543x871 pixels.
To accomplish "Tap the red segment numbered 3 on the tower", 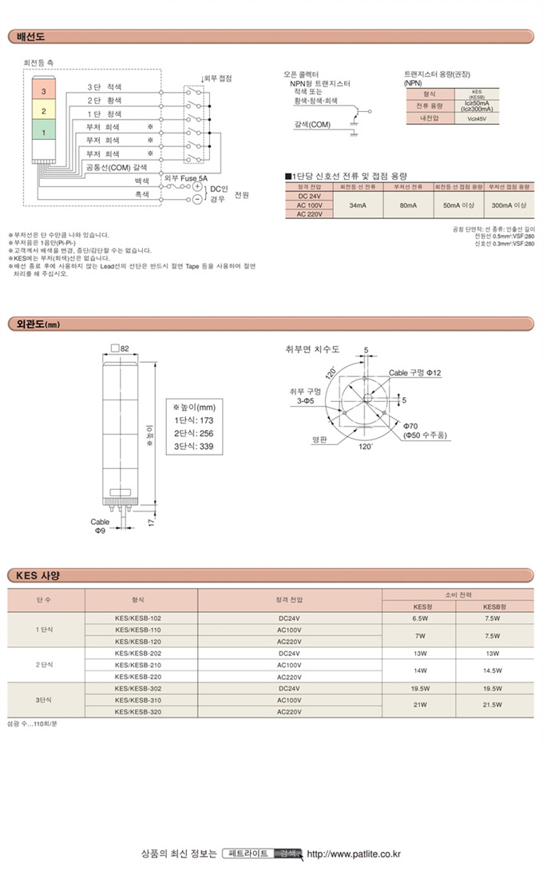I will (x=43, y=93).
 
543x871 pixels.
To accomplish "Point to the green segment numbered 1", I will (x=43, y=131).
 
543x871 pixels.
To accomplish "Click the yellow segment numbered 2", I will (x=43, y=111).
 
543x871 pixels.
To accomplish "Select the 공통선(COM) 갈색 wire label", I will (x=117, y=167).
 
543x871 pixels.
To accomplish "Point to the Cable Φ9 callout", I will (x=100, y=525).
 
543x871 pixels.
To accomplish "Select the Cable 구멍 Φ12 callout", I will (x=414, y=373).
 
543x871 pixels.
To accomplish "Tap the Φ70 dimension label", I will (x=411, y=425).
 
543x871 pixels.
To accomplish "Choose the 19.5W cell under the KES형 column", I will (x=420, y=688).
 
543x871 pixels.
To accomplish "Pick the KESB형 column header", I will (x=491, y=606).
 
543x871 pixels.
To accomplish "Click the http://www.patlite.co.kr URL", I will (x=354, y=854).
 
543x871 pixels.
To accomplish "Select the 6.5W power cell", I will (x=420, y=618).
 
